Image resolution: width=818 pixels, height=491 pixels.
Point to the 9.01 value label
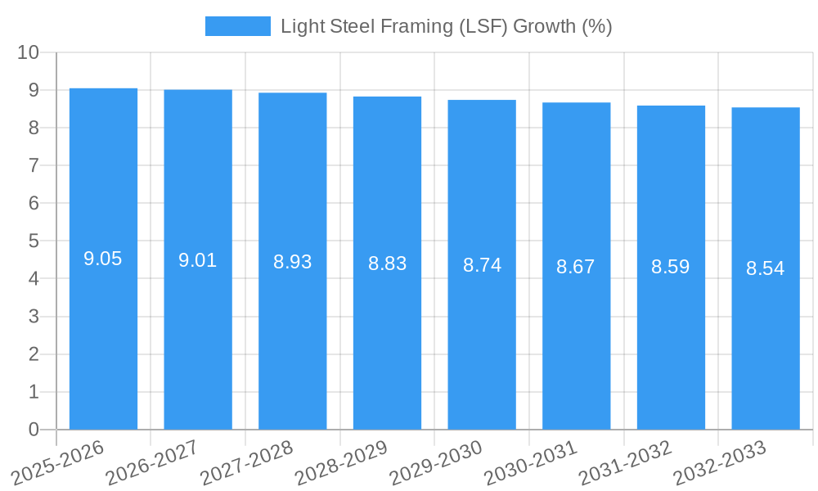pyautogui.click(x=198, y=261)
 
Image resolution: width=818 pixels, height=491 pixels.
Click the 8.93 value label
pyautogui.click(x=293, y=263)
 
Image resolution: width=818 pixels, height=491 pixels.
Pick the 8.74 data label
pyautogui.click(x=482, y=265)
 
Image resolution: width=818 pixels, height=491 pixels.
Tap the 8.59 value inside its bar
pyautogui.click(x=671, y=267)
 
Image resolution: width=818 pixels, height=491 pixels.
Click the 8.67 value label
pyautogui.click(x=576, y=267)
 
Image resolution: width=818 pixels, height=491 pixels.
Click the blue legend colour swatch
pyautogui.click(x=237, y=26)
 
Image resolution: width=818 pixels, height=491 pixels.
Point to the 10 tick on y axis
pyautogui.click(x=29, y=52)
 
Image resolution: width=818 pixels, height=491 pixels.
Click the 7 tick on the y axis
pyautogui.click(x=34, y=165)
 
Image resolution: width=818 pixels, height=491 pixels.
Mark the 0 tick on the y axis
pyautogui.click(x=34, y=430)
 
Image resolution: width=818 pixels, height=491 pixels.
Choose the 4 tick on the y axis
pyautogui.click(x=34, y=279)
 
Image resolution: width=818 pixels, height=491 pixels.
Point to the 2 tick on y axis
pyautogui.click(x=34, y=354)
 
